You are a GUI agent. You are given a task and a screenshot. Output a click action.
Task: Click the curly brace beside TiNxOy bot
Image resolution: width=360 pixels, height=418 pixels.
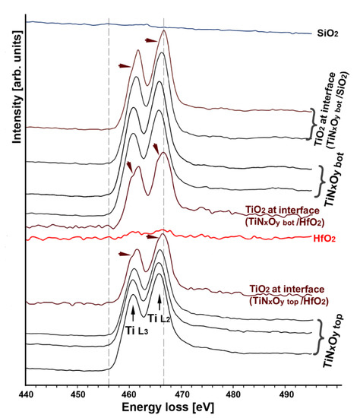(319, 179)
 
